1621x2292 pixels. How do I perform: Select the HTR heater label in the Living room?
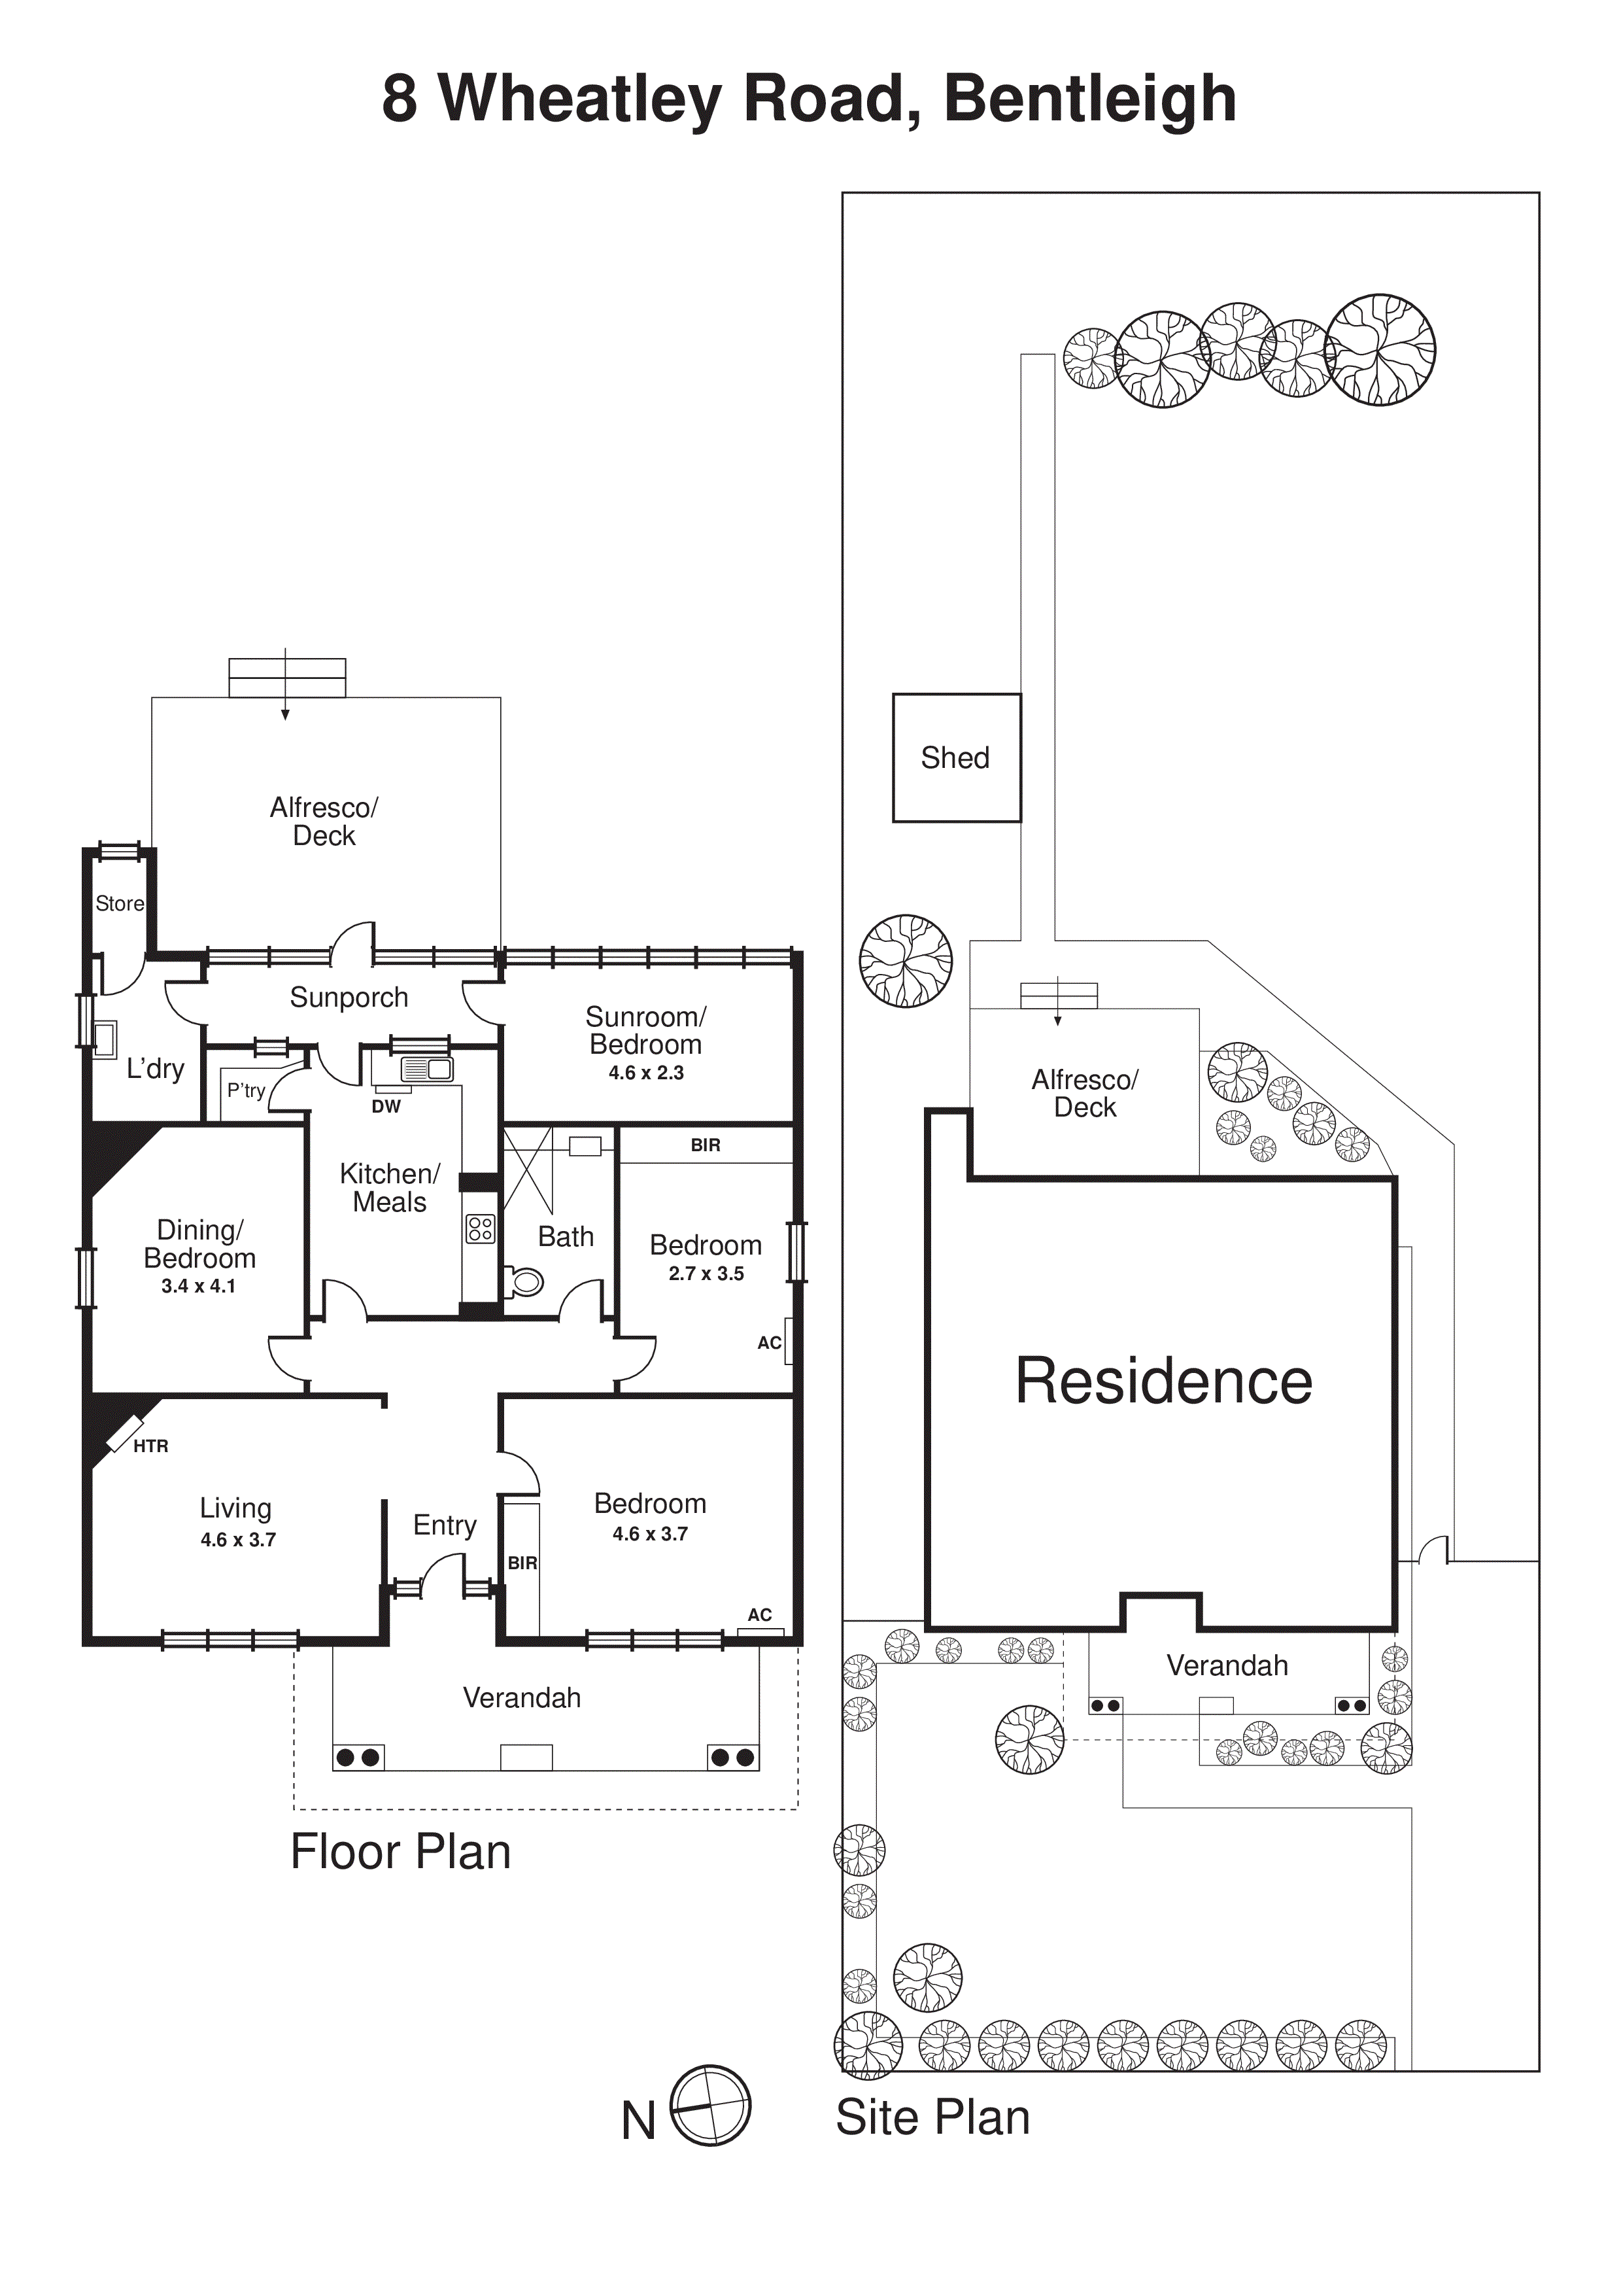[150, 1446]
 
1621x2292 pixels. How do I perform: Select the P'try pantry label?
[246, 1090]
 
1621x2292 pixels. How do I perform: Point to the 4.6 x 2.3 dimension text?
[646, 1073]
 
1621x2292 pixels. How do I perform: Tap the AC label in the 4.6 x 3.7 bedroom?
[760, 1614]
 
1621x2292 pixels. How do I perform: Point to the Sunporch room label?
[349, 998]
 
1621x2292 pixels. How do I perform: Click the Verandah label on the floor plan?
[521, 1698]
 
